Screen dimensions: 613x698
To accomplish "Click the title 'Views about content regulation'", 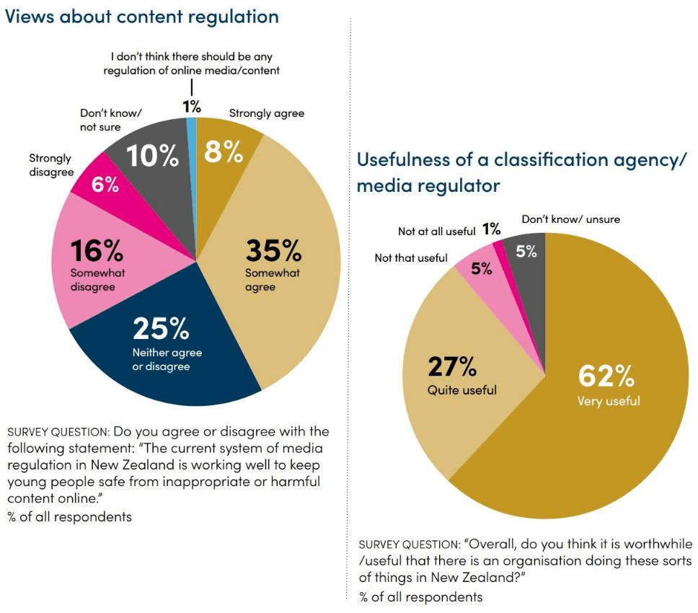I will coord(142,17).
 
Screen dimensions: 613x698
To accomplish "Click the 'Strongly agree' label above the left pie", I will coord(266,113).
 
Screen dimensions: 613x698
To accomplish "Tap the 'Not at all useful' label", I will coord(437,231).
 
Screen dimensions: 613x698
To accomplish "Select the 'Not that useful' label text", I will coord(411,257).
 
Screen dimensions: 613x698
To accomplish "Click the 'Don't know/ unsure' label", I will coord(570,219).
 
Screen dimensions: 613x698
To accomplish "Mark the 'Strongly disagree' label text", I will coord(50,164).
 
